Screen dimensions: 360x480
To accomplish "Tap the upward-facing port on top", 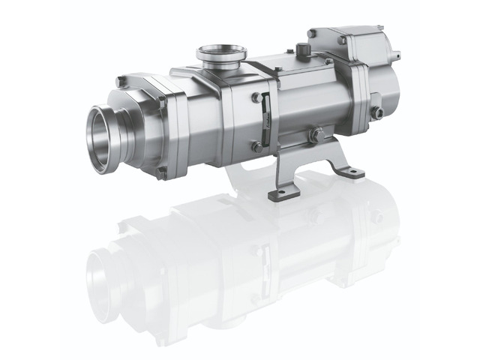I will [222, 54].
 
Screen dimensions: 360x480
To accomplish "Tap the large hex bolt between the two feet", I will [316, 136].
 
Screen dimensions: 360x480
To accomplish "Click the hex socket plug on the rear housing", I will [377, 112].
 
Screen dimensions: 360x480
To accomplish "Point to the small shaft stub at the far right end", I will [396, 55].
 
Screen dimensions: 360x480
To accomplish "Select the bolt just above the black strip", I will [257, 97].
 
